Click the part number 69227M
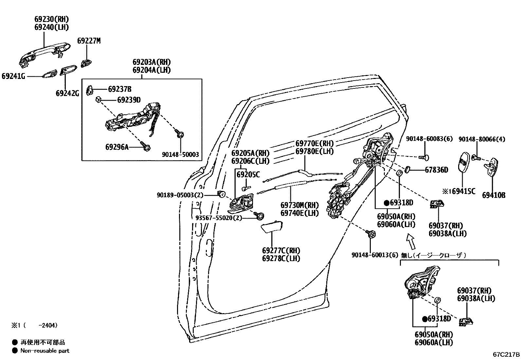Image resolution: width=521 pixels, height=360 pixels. click(89, 41)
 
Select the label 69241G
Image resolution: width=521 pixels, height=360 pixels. click(13, 76)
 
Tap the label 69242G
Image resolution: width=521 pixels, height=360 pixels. click(67, 93)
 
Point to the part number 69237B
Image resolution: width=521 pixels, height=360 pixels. click(120, 89)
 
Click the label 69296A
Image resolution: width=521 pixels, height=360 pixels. click(117, 147)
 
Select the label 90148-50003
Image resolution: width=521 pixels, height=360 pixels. click(180, 155)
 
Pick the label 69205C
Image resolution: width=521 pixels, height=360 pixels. click(248, 175)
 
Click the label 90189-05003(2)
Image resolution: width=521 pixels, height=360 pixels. click(180, 195)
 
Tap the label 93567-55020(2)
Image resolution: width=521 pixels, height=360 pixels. click(219, 218)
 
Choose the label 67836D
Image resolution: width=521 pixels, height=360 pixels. click(437, 170)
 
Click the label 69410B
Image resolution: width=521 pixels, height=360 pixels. click(494, 196)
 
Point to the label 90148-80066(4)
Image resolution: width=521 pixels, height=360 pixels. click(481, 139)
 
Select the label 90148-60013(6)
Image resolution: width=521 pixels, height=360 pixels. click(375, 255)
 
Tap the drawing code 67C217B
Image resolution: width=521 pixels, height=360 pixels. click(506, 354)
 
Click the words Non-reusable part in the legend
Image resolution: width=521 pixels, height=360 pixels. click(45, 351)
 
